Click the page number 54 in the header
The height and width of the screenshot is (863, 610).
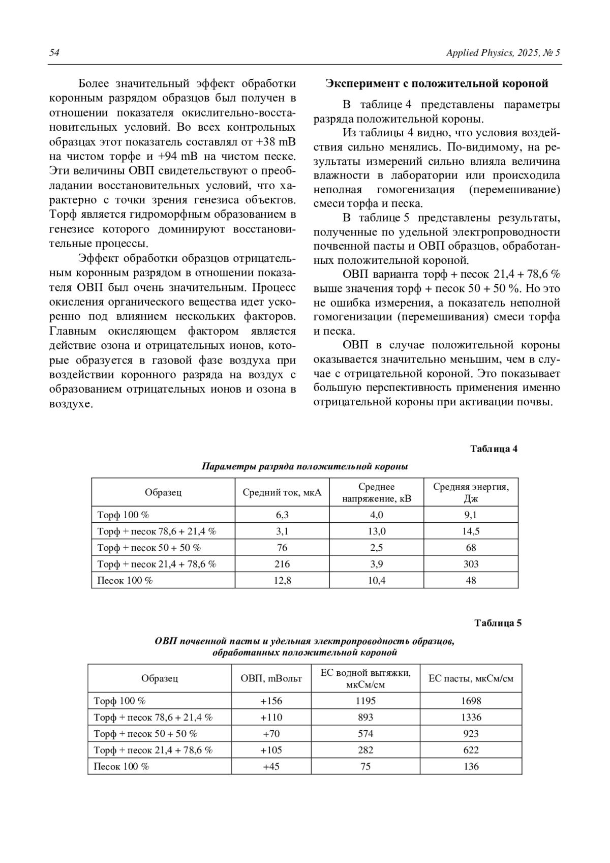click(54, 53)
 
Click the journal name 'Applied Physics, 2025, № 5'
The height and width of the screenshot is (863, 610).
click(503, 53)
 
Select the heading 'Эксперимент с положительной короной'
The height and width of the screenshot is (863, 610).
click(437, 83)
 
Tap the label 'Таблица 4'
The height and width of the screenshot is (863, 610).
click(494, 449)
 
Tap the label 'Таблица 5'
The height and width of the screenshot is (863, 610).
click(498, 623)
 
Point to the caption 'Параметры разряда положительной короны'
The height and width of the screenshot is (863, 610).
click(305, 466)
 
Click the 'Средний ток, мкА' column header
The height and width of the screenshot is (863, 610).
click(282, 492)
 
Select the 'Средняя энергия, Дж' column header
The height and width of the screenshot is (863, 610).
click(471, 492)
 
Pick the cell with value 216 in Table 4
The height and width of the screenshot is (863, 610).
click(282, 564)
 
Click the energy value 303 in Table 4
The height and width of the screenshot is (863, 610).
click(471, 564)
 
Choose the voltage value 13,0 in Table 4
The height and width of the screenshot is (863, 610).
click(376, 531)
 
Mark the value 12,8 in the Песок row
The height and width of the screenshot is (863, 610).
click(282, 580)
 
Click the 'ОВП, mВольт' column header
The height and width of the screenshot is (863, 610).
click(271, 678)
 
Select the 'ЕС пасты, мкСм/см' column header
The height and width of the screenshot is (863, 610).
click(471, 678)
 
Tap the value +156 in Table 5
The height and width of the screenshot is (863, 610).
click(271, 701)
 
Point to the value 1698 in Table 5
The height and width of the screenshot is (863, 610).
click(471, 701)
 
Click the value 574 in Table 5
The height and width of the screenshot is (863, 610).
click(365, 733)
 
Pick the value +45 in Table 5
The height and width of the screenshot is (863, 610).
click(271, 766)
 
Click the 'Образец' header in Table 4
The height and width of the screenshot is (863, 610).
click(163, 492)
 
